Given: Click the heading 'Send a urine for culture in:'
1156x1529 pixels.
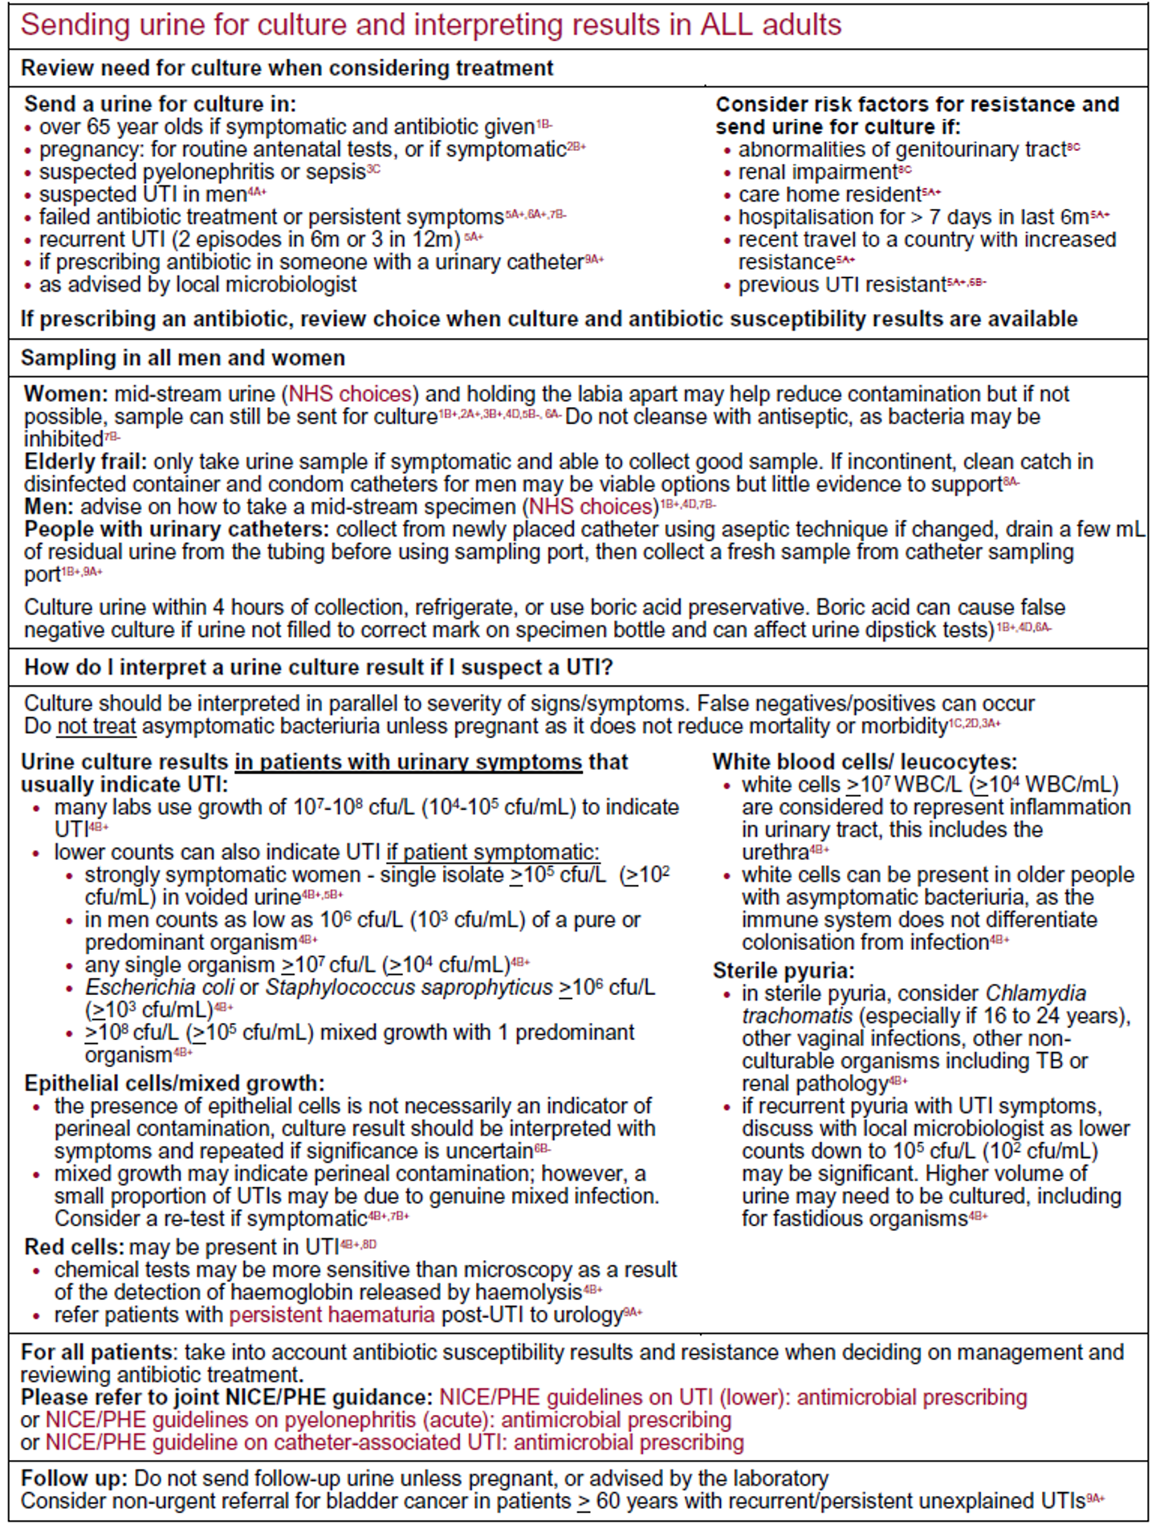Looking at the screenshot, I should pos(160,104).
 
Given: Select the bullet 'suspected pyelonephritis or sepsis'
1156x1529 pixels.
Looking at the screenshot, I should pos(202,172).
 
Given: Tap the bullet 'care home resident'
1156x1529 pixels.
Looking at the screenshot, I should pos(830,194).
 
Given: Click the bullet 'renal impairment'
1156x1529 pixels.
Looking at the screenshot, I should pos(817,172).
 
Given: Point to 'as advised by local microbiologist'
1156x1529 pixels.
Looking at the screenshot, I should pos(197,284).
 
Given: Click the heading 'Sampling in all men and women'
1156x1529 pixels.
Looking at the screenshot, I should pos(183,358).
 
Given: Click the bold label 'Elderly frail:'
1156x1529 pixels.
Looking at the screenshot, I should pos(85,462).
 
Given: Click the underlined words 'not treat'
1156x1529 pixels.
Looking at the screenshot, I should pos(96,727).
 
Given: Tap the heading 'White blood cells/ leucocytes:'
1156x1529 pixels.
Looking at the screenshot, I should pos(865,762).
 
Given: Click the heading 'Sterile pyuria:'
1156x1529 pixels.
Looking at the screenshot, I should pos(784,971).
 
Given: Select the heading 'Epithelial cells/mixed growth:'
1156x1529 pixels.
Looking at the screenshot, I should pos(174,1083).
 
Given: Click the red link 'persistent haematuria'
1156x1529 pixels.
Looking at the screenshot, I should pos(332,1315).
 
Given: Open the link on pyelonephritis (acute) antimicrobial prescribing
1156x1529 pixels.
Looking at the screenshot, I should pos(388,1420).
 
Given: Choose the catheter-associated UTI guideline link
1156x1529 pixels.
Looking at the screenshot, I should pos(394,1442).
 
